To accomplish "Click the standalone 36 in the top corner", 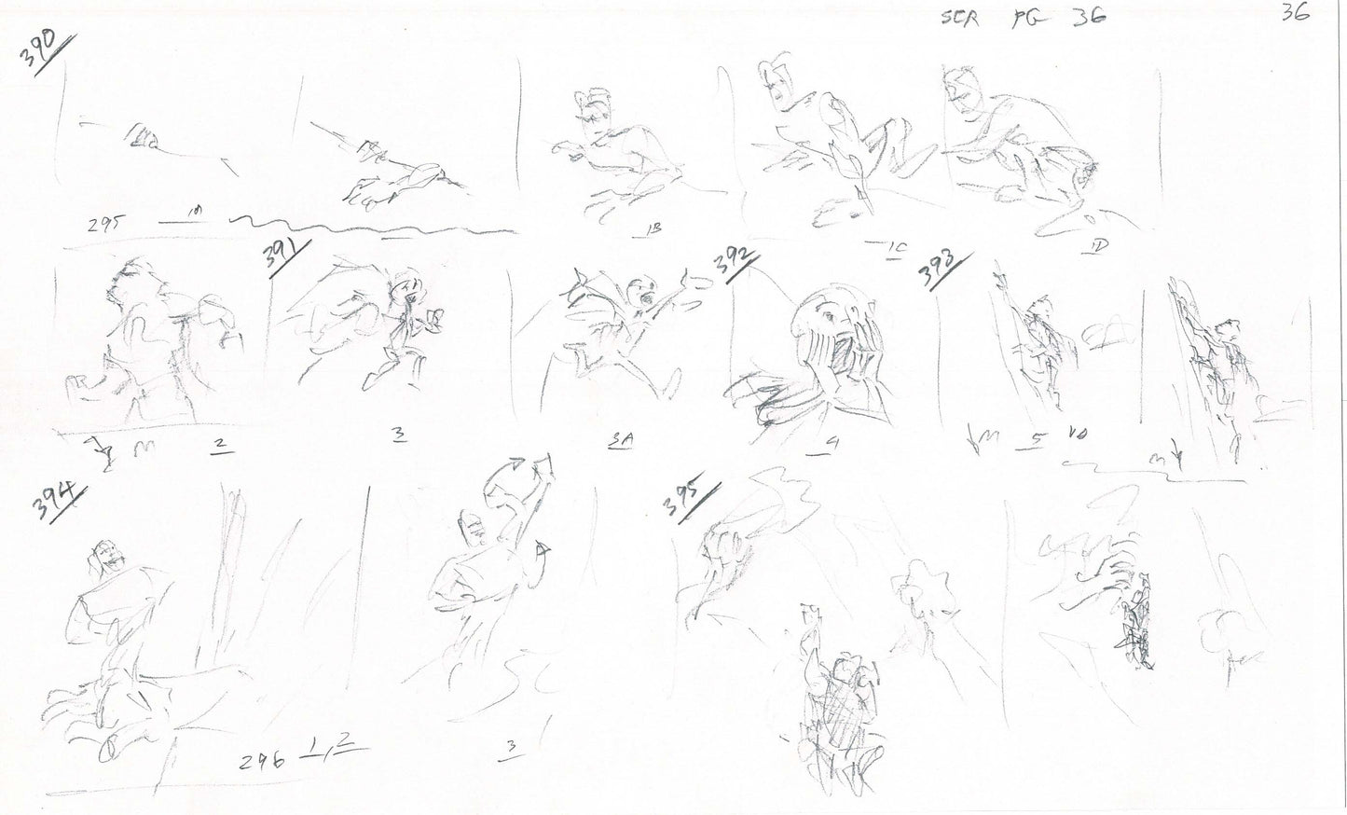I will coord(1296,14).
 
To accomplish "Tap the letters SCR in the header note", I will coord(960,20).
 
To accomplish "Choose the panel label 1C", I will coord(897,246).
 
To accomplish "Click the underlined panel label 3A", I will coord(617,445).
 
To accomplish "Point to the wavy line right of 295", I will coord(373,227).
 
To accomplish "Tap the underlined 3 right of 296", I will coord(510,746).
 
